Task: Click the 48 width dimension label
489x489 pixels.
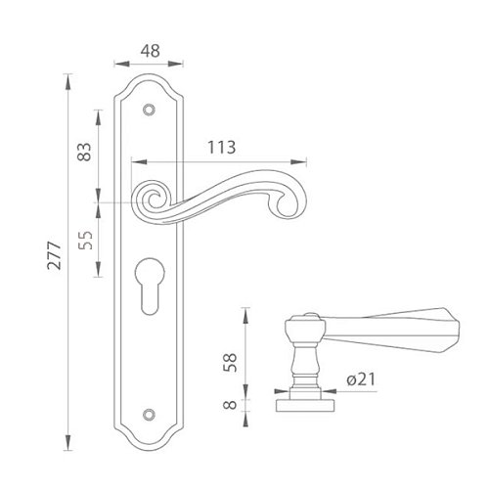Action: (151, 51)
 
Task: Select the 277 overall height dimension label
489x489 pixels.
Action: (54, 255)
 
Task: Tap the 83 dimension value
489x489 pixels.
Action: (85, 152)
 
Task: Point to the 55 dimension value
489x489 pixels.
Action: (86, 241)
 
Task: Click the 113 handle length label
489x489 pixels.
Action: (222, 148)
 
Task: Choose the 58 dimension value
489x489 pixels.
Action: (231, 362)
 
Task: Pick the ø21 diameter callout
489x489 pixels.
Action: (361, 379)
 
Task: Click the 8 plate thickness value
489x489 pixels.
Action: (231, 405)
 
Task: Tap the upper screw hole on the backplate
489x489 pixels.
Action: (149, 110)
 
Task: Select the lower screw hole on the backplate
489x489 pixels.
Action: (149, 414)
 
